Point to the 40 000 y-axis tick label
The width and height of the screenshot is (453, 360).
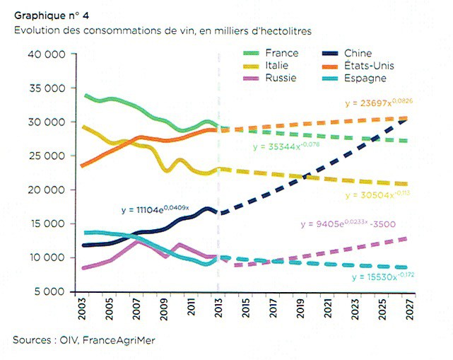(46, 54)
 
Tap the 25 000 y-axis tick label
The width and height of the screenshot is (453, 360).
(46, 156)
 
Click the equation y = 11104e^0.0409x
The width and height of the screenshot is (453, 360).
(155, 209)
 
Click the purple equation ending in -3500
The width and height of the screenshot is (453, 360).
(346, 224)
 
